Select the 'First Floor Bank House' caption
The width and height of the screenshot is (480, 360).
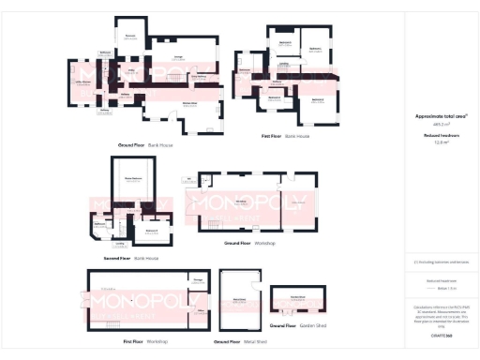(285, 136)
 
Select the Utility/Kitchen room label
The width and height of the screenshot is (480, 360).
(83, 82)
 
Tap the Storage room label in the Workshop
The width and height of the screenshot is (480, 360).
(199, 278)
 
